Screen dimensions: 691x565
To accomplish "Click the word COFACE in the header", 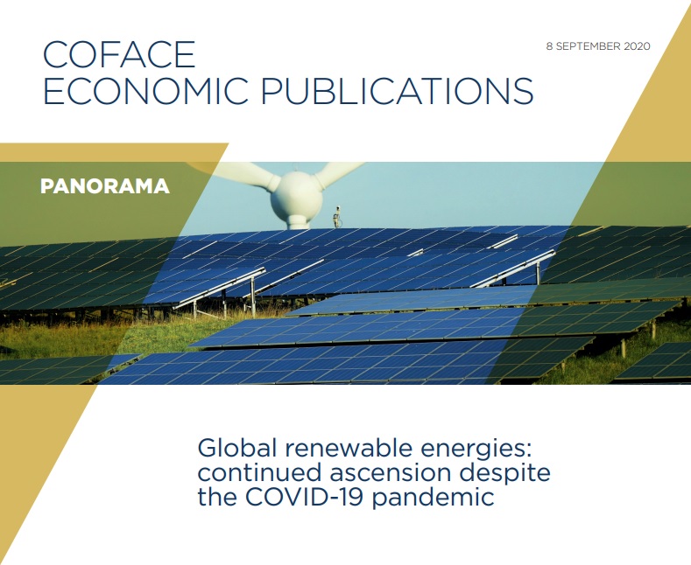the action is coord(118,54).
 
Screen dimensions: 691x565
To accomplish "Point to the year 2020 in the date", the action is coord(637,46).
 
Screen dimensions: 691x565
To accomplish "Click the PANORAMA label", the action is coord(105,186).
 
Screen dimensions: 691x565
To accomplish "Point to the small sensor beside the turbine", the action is coord(337,217).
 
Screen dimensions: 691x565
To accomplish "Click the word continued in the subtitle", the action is coord(259,473).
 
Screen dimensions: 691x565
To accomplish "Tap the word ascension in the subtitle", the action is coord(390,473).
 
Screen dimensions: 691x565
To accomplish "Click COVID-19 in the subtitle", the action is coord(305,498).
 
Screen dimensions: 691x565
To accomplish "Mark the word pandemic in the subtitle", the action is coord(434,499).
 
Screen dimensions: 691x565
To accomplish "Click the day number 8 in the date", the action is coord(549,46).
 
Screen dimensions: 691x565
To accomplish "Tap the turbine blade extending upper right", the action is coord(336,172).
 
